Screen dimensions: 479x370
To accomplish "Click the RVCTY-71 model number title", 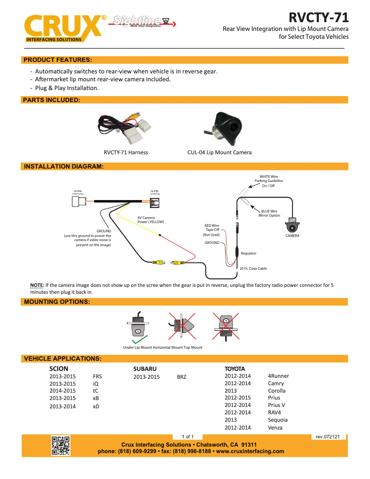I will (x=318, y=18).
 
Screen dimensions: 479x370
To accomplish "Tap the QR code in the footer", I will (x=60, y=445).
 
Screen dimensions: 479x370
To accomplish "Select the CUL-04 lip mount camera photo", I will (x=227, y=128).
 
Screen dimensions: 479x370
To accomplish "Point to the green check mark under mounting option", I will (x=139, y=341).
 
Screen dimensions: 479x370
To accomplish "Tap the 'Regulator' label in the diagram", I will (x=248, y=253).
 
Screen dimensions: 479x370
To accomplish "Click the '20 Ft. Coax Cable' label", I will (x=253, y=268).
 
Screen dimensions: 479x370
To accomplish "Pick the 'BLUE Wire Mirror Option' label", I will (x=269, y=213).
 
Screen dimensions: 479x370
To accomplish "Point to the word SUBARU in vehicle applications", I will (x=145, y=369).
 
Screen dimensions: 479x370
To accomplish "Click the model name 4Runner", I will (x=278, y=376).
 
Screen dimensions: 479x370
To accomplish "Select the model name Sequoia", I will (x=278, y=420).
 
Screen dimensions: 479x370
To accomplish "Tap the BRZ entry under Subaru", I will (x=182, y=376).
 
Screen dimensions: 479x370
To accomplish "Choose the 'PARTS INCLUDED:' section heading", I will (x=52, y=100).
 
